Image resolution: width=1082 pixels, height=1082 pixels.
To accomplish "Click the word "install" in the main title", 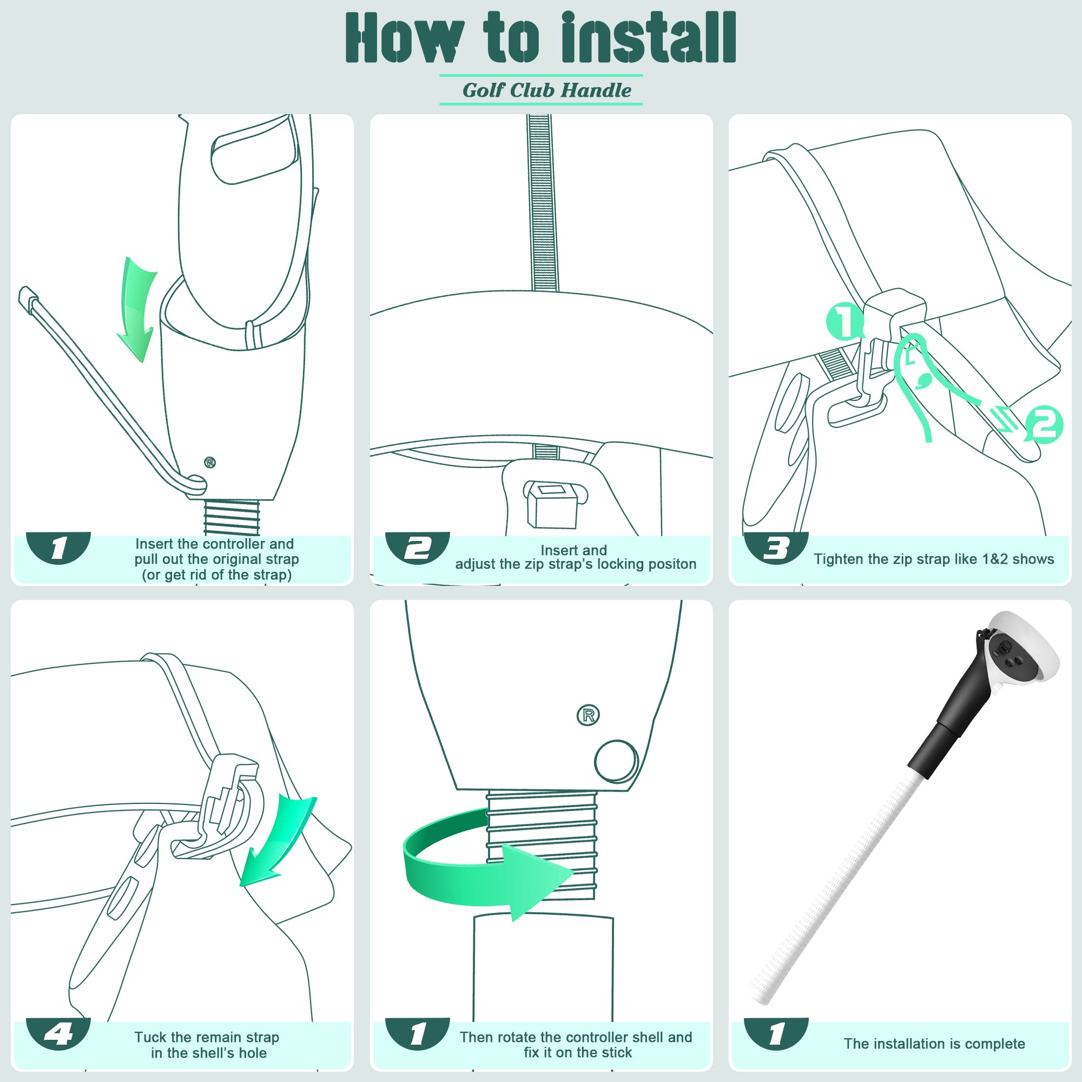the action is click(x=649, y=37).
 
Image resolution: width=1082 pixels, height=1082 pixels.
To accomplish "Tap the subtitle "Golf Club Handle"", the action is click(x=546, y=90).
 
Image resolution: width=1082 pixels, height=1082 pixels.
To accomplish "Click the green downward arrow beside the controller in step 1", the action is click(x=137, y=309).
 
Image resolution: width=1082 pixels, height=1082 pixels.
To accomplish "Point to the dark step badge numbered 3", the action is click(x=776, y=547).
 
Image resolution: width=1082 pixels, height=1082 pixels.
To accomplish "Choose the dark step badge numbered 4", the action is click(x=58, y=1034).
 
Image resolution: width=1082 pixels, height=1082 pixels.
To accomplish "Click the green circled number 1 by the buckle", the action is click(x=845, y=321).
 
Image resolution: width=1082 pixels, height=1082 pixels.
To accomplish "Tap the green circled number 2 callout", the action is click(x=1044, y=425).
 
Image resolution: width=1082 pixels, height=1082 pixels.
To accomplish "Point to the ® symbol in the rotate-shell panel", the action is click(x=588, y=715).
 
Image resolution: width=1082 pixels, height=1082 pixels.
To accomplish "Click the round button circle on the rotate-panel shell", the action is click(x=616, y=761).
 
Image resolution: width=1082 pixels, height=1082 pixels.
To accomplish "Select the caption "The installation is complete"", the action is click(x=934, y=1044).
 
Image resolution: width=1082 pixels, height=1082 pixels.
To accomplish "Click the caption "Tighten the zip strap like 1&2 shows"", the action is click(x=934, y=559).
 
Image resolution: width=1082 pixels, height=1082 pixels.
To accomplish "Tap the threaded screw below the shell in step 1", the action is click(x=232, y=517).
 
